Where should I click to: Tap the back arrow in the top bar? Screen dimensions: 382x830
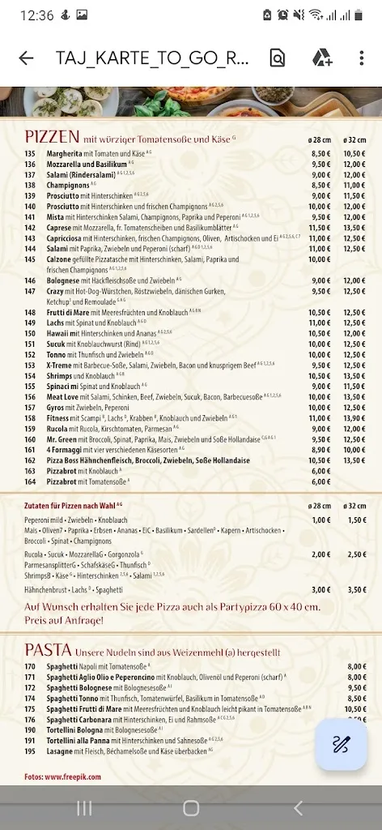tap(26, 58)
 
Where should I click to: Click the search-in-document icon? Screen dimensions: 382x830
tap(278, 58)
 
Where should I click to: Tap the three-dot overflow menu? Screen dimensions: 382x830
tap(362, 58)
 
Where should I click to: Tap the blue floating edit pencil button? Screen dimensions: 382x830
tap(341, 746)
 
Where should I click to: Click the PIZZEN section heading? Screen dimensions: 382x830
tap(52, 136)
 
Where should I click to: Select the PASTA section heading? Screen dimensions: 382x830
tap(49, 650)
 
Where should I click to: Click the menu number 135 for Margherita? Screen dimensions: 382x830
tap(31, 153)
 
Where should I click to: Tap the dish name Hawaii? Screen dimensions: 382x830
tap(57, 333)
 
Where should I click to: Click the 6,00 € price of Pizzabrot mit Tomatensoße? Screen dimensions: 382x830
tap(321, 481)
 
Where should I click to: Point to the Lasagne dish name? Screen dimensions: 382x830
tap(60, 751)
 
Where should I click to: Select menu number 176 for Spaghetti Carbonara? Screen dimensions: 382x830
tap(31, 719)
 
